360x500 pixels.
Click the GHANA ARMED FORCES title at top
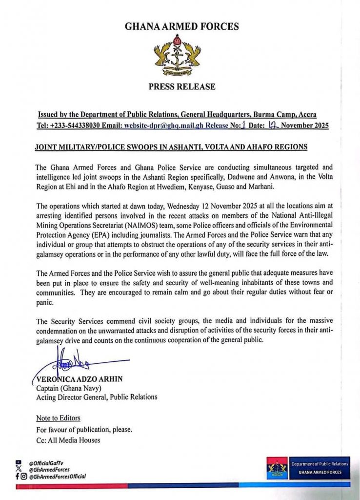[x=182, y=26]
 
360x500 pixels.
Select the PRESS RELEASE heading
[x=181, y=87]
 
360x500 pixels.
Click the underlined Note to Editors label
[x=58, y=418]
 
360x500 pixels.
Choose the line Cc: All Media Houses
[x=68, y=440]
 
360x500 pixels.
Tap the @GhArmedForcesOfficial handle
[x=57, y=476]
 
